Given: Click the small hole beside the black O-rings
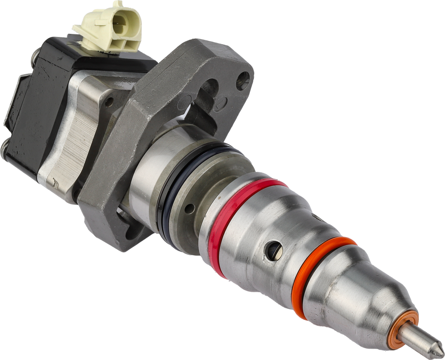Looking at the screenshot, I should click(189, 209).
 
